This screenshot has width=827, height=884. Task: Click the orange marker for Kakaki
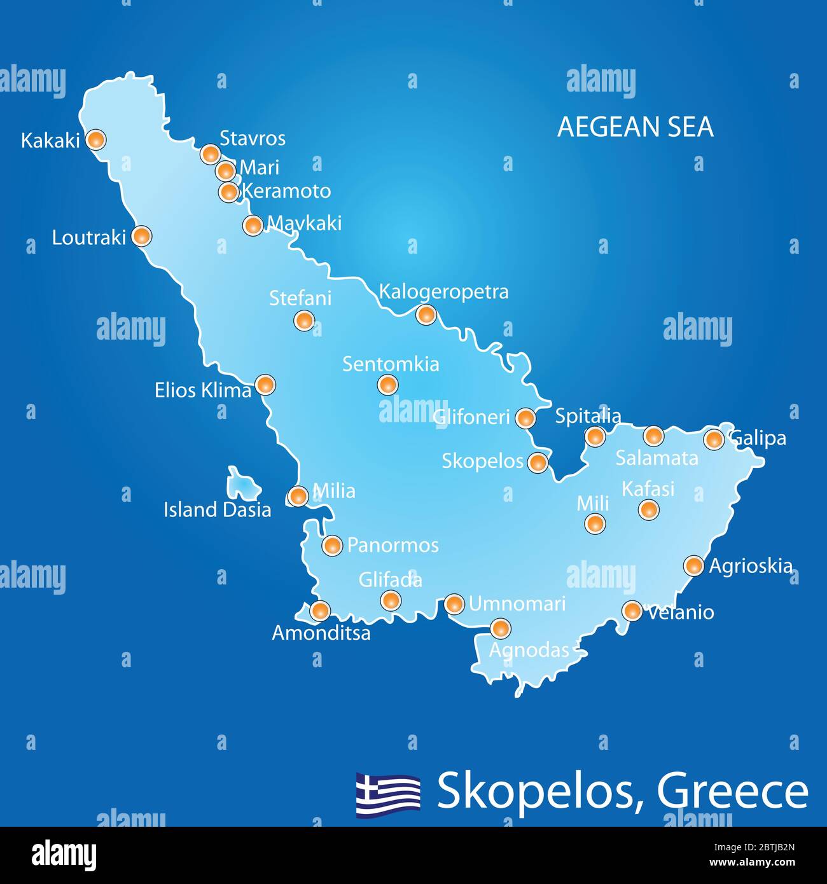pos(95,140)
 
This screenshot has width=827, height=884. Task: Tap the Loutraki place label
pos(89,238)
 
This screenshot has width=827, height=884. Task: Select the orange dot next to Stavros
pos(210,153)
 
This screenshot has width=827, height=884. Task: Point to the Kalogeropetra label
pos(443,292)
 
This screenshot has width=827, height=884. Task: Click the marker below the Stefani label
pos(304,321)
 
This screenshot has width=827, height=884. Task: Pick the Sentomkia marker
pos(387,384)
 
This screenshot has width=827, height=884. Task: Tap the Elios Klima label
pos(203,390)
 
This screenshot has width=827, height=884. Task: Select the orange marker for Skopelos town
pos(538,462)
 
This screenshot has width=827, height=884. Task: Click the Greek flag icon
pos(388,794)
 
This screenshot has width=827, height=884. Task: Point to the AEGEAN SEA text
pos(635,127)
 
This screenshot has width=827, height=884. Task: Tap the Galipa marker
pos(714,439)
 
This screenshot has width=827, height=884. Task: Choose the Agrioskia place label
pos(751,566)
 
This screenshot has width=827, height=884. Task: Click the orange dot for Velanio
pos(632,611)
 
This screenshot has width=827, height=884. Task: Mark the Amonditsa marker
pos(319,611)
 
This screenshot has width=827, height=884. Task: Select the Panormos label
pos(393,546)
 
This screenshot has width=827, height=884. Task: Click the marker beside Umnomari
pos(454,604)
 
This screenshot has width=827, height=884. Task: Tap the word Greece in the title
pos(732,792)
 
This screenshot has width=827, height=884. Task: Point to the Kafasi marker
pos(648,509)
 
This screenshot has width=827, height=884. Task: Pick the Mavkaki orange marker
pos(253,224)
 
